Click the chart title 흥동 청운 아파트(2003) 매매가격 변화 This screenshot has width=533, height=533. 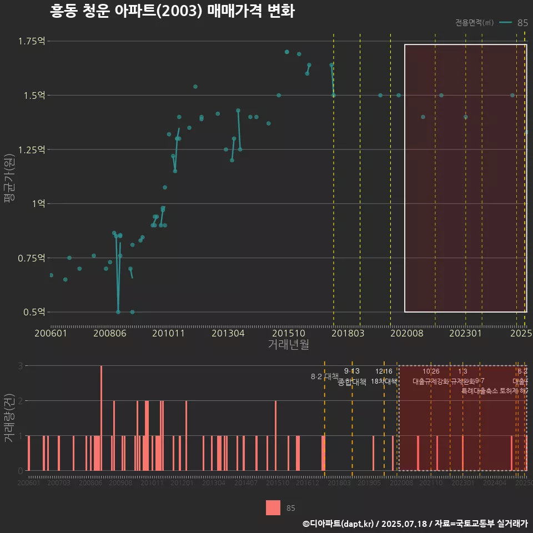point(172,11)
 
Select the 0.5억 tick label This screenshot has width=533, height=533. point(34,312)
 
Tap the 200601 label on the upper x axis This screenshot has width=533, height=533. point(50,334)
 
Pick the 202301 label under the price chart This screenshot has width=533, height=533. point(465,334)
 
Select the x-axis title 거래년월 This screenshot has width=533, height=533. point(288,345)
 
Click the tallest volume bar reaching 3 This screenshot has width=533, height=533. point(101,418)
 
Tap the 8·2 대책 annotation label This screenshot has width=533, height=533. point(324,376)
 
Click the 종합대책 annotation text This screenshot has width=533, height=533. point(352,382)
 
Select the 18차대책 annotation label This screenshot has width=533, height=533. point(384,381)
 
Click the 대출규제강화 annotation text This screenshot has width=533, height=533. point(430,381)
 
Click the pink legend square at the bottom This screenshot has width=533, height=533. point(273,507)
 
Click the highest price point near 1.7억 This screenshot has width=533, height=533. point(287,52)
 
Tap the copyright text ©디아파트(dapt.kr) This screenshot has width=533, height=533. point(339,524)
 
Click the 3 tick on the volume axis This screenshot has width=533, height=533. point(20,366)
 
